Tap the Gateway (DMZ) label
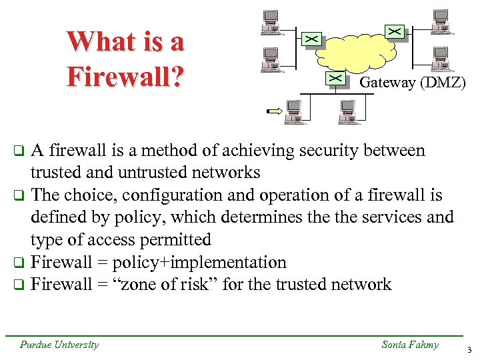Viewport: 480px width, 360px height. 412,83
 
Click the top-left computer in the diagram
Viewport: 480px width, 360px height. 270,21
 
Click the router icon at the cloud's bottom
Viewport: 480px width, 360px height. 337,78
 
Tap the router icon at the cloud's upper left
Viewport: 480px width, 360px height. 311,39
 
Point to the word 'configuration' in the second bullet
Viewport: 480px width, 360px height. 157,195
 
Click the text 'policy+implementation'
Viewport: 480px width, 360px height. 200,263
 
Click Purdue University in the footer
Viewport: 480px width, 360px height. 59,345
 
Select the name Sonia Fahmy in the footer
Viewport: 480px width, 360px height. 410,345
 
